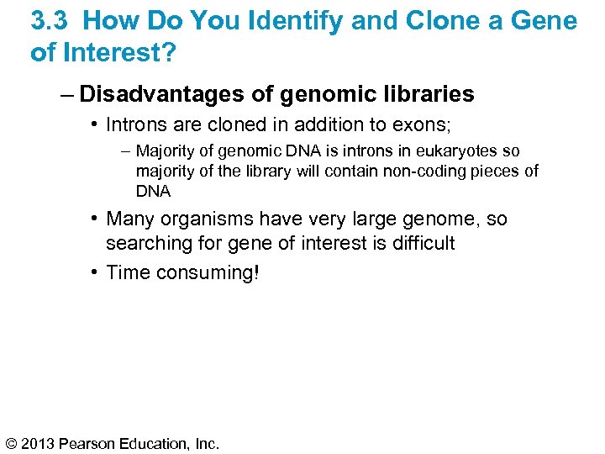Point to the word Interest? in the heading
tap(115, 53)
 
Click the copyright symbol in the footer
tap(12, 442)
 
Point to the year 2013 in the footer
tap(40, 442)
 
